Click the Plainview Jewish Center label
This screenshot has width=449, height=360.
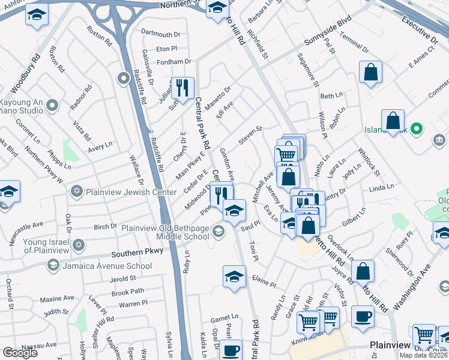tap(125, 192)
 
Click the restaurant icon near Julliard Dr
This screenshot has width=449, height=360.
tap(182, 88)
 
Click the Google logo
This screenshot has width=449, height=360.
tap(20, 352)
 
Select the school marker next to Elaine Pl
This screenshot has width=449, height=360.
tap(234, 277)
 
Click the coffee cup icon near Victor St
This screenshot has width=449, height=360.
tap(362, 317)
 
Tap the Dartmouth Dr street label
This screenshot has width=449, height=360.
tap(160, 34)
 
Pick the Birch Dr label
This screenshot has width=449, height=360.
tap(105, 227)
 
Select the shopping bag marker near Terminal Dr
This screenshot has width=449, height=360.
tap(371, 72)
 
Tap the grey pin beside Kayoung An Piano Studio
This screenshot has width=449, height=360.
tap(52, 106)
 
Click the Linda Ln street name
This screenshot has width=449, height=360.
tap(382, 188)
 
